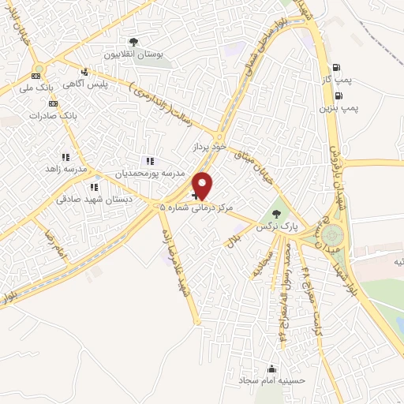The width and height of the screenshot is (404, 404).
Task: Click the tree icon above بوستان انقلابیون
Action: (133, 41)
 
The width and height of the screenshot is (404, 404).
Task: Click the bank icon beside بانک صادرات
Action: (53, 103)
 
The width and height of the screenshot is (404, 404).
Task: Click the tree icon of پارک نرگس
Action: (275, 212)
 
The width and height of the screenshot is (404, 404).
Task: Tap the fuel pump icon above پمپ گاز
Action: (338, 67)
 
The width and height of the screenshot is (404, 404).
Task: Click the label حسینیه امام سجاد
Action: (272, 380)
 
